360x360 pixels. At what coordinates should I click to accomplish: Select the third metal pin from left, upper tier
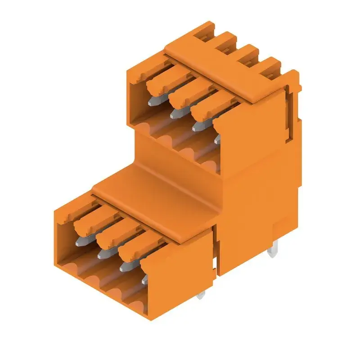click(197, 126)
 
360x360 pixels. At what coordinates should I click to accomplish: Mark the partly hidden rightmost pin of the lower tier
click(144, 279)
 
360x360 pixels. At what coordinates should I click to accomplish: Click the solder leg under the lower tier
click(201, 295)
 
